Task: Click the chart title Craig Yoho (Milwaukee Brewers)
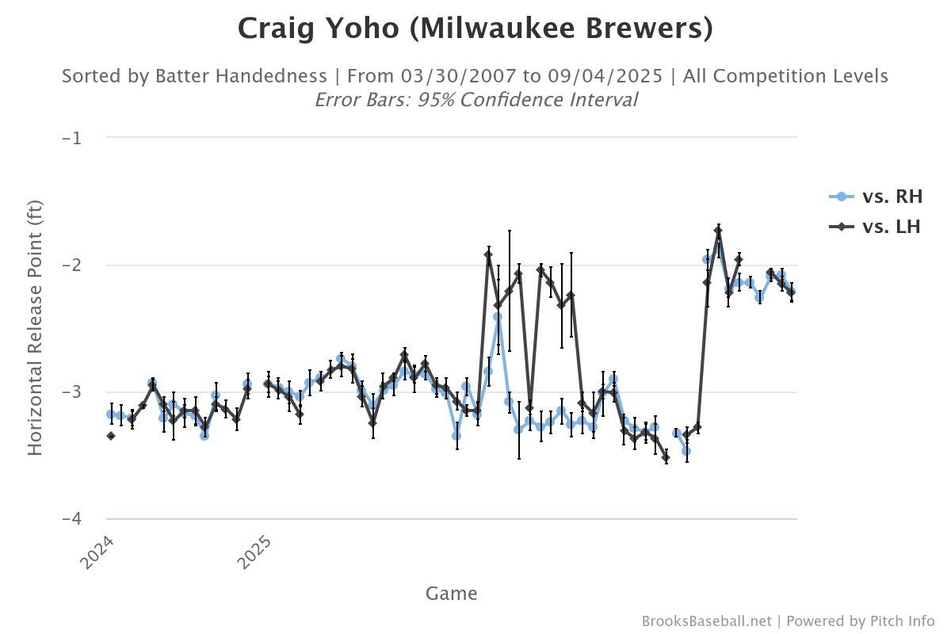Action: [475, 29]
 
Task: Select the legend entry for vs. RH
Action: [892, 197]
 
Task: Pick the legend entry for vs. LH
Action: [891, 227]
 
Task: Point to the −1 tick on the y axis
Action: [72, 138]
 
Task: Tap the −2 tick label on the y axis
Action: [72, 265]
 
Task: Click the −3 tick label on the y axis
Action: [72, 391]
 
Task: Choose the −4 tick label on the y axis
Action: [72, 518]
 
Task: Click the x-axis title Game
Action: [451, 593]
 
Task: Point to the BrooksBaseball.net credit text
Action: [706, 621]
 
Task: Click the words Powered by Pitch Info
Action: [861, 621]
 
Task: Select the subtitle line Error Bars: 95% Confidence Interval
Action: [475, 100]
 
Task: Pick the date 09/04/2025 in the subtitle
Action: [609, 76]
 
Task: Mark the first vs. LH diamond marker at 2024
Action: [111, 436]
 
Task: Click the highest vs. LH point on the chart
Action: [718, 231]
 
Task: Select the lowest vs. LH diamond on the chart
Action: [666, 458]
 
